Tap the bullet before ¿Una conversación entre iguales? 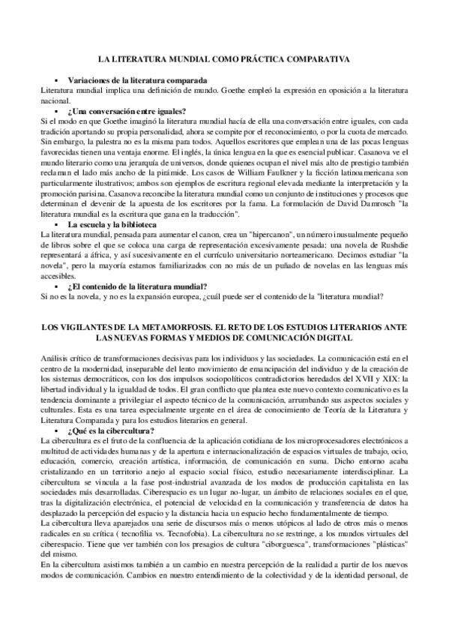56,111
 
